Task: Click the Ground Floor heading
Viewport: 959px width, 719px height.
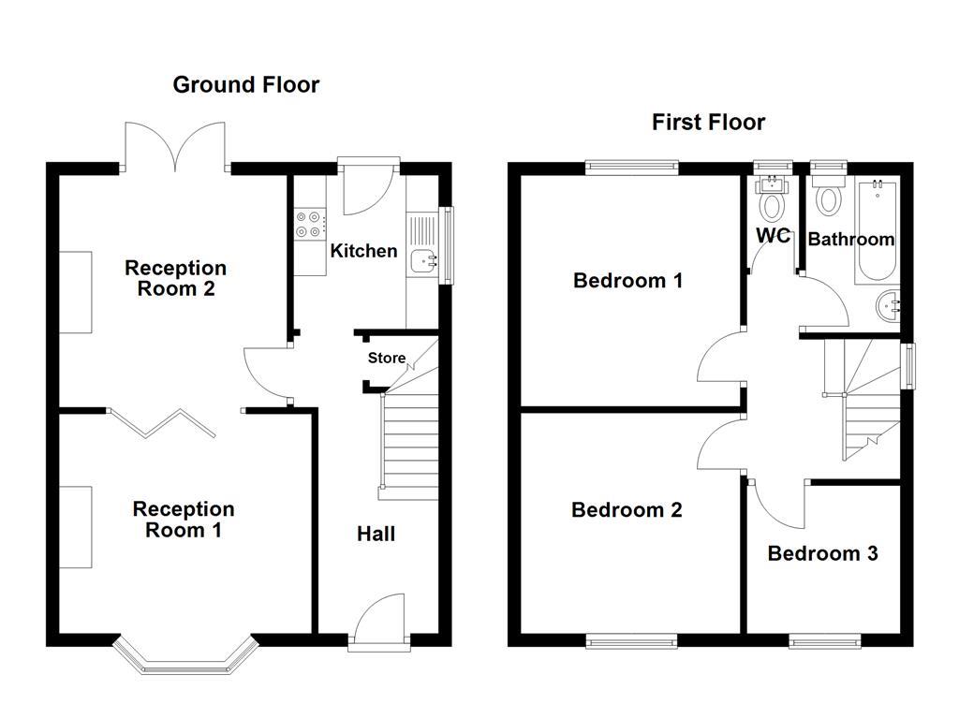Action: (x=246, y=85)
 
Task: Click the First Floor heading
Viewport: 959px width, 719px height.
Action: (x=708, y=123)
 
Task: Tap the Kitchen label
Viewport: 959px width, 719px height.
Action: (x=363, y=251)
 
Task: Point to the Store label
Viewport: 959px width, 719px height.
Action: (x=386, y=358)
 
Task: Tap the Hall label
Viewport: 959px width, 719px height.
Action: (x=376, y=534)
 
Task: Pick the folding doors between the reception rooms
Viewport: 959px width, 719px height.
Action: (x=162, y=422)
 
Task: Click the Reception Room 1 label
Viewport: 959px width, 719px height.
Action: (x=184, y=520)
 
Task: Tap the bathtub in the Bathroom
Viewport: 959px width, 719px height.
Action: (x=876, y=230)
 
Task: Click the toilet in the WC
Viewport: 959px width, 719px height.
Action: (x=773, y=201)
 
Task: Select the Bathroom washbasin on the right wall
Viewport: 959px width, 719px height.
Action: (x=890, y=305)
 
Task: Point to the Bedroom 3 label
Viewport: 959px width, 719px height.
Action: (x=822, y=553)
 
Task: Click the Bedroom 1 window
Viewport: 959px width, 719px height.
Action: (x=631, y=168)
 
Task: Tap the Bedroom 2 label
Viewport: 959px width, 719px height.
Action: (x=627, y=510)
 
